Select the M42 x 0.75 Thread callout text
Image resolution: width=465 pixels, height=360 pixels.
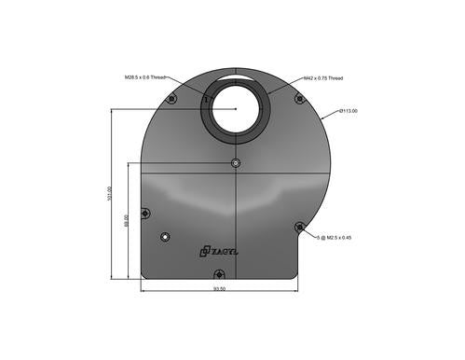[325, 77]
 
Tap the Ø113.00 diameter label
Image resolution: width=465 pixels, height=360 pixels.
[349, 111]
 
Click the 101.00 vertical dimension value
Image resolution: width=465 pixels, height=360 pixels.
[110, 194]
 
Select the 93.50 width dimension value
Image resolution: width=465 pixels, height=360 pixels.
[219, 289]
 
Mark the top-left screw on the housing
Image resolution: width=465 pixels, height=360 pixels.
[171, 99]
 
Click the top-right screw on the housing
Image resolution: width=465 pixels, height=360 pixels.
[298, 98]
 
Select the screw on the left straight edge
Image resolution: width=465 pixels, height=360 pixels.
[144, 213]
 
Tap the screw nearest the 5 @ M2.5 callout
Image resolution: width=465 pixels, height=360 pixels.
[298, 226]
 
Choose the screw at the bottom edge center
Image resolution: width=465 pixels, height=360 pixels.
[218, 273]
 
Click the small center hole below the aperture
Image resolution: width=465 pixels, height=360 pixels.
[236, 163]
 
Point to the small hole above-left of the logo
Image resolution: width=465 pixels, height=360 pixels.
[165, 236]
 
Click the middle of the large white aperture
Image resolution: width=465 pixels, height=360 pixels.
[237, 110]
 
